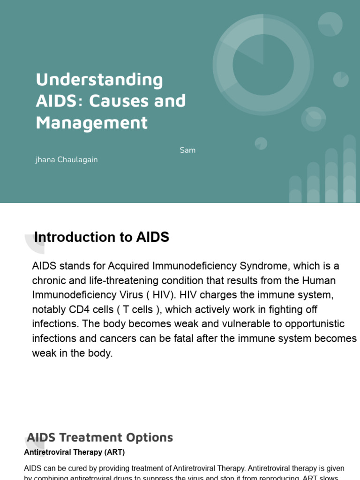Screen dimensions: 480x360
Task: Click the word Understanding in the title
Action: point(99,80)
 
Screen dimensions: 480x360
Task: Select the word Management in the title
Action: point(91,122)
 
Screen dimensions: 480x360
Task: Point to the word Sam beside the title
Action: point(187,150)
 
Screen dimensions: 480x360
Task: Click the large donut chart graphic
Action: point(263,65)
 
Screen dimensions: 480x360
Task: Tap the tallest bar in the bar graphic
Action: point(349,169)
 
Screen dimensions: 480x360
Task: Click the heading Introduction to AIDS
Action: point(102,237)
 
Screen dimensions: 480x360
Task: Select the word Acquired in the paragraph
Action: point(127,266)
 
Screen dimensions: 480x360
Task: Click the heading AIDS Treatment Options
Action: point(100,438)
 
